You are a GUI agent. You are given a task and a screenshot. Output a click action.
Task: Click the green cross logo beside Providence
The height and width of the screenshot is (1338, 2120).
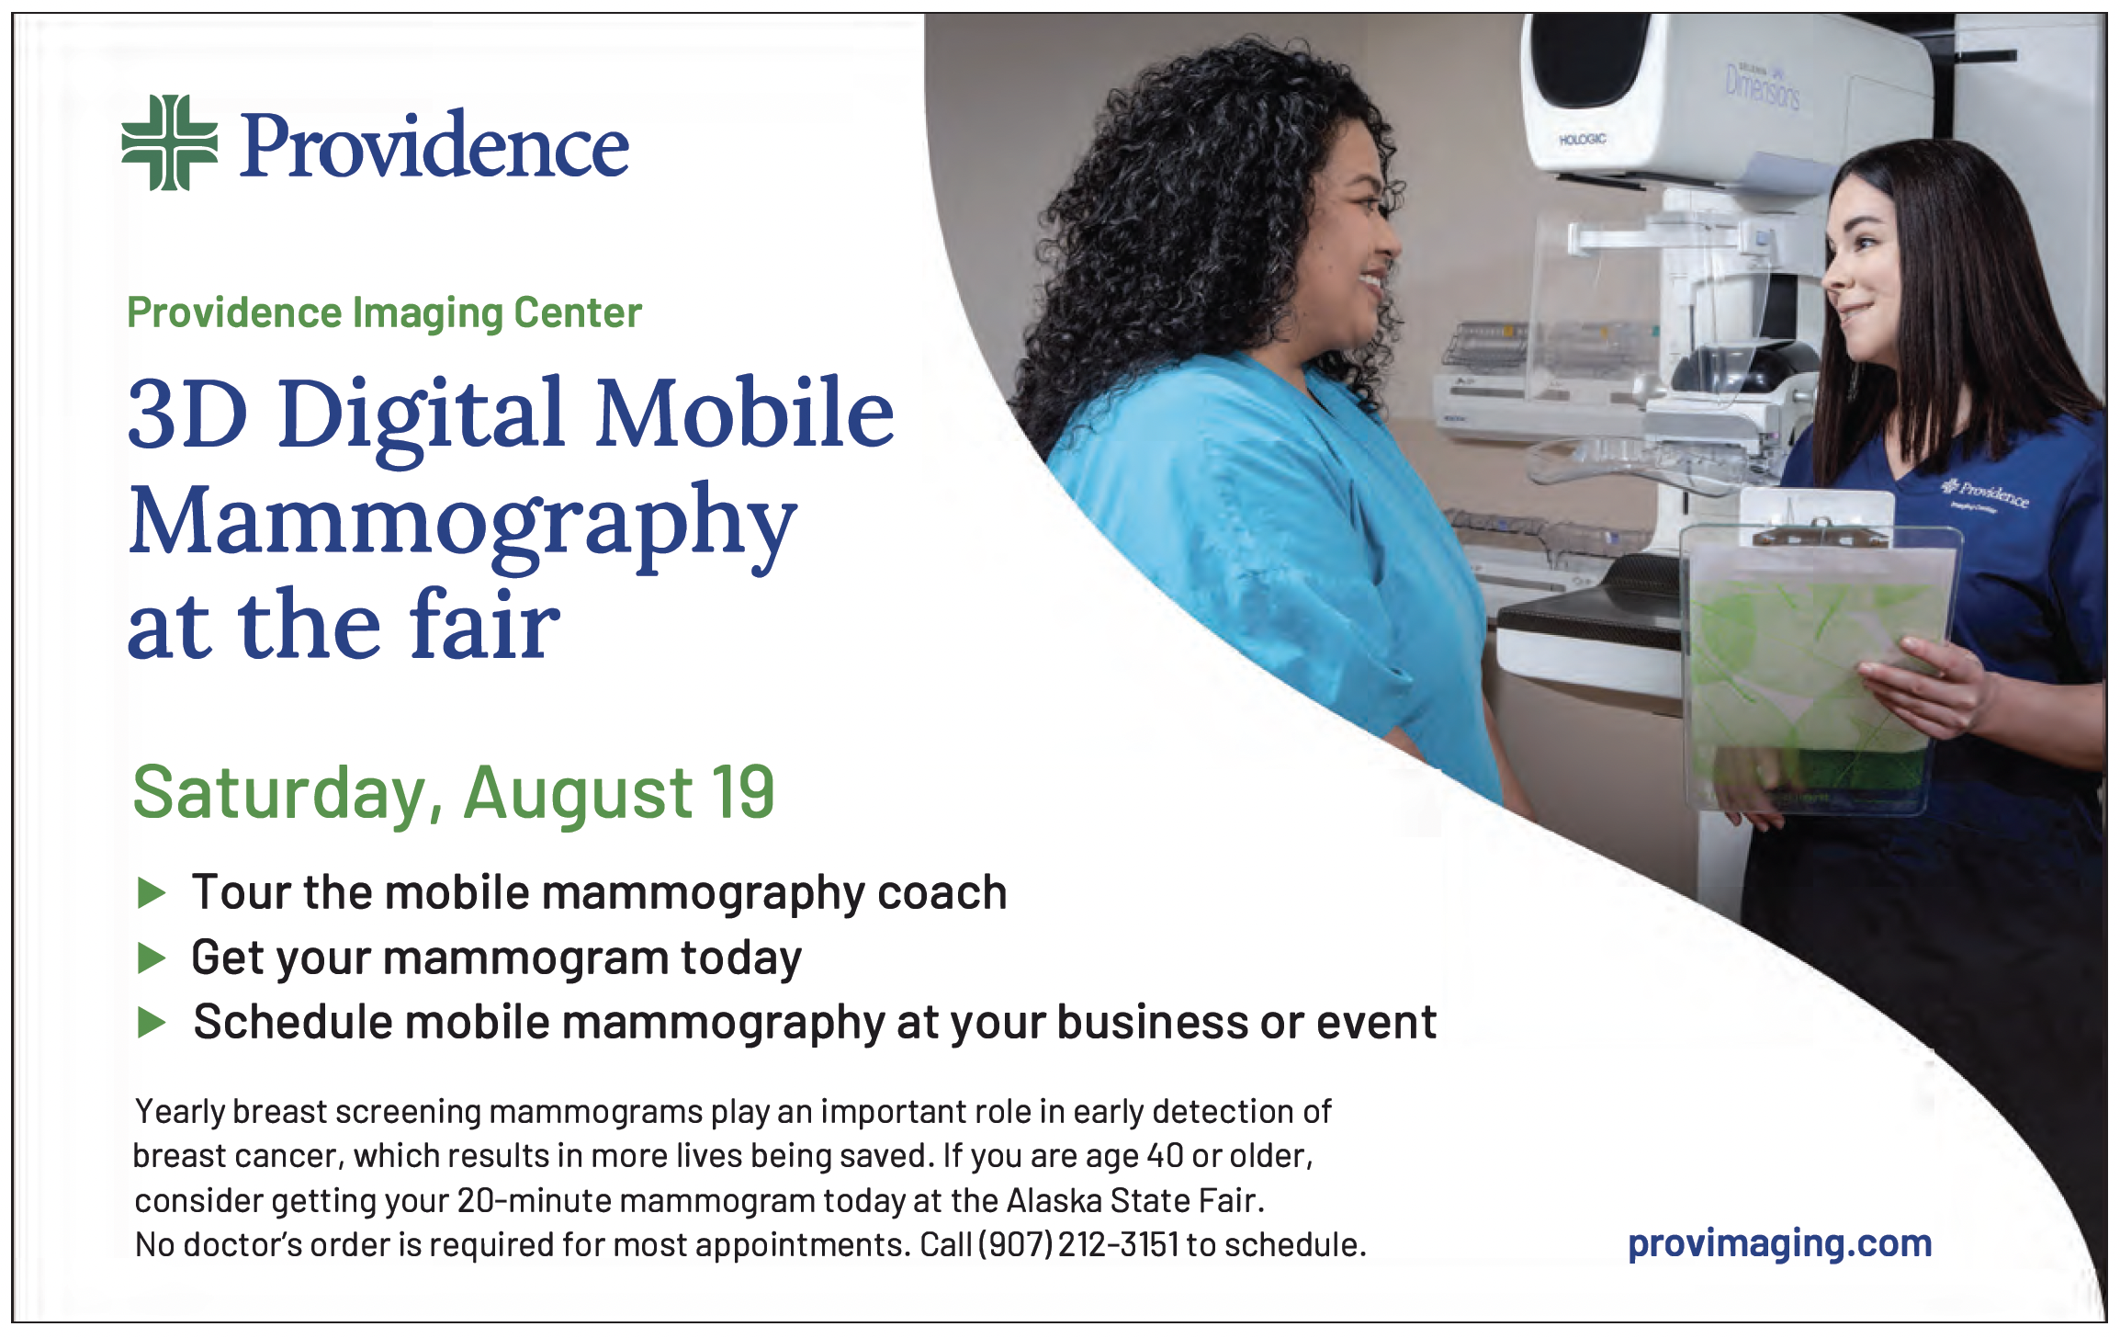click(x=170, y=142)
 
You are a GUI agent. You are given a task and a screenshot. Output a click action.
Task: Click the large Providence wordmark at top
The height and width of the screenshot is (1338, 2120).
click(x=435, y=144)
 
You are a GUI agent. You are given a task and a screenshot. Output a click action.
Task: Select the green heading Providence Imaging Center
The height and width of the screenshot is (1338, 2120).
click(x=384, y=313)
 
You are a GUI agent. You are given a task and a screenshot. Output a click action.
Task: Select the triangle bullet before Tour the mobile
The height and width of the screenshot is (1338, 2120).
click(x=151, y=892)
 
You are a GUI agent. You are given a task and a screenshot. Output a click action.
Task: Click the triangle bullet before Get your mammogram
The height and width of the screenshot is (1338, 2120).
click(x=151, y=958)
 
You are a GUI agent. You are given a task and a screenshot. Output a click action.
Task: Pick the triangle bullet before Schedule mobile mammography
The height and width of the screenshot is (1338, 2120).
click(x=151, y=1022)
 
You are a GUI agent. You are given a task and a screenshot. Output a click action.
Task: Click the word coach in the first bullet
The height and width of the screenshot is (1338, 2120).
click(x=942, y=893)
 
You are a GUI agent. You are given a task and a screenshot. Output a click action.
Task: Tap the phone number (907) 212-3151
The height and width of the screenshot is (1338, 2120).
click(x=1077, y=1244)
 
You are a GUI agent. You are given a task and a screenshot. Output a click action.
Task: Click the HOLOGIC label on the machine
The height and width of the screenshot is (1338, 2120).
click(x=1582, y=140)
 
